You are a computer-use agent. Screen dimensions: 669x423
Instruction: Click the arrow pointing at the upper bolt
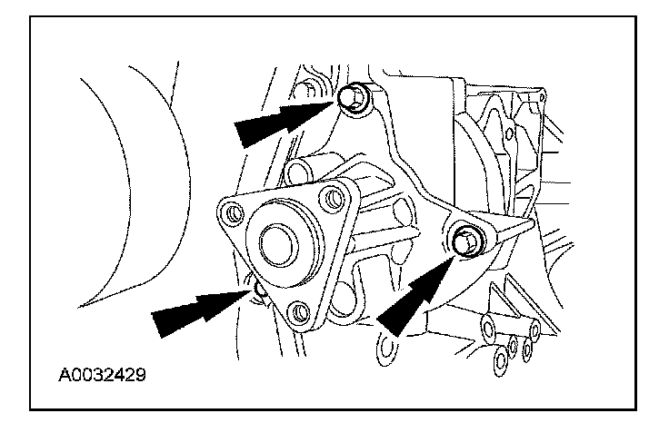pos(277,123)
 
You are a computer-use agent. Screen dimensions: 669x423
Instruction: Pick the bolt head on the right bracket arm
pos(465,240)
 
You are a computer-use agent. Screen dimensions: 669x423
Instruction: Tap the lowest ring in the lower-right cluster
pos(501,360)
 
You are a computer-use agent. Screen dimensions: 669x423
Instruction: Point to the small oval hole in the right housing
pos(510,133)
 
